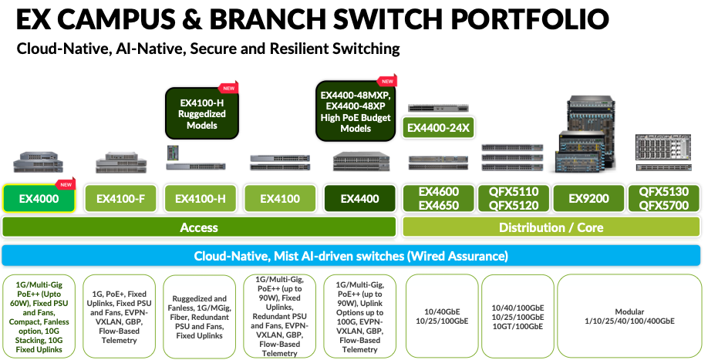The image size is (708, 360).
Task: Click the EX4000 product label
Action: click(x=39, y=198)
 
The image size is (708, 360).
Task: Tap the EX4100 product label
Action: click(x=278, y=198)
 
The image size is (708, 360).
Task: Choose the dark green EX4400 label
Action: click(x=359, y=198)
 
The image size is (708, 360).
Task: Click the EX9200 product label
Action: click(x=588, y=198)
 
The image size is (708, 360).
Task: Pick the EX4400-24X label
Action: click(x=437, y=127)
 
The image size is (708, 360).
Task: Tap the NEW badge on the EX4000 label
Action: click(x=66, y=184)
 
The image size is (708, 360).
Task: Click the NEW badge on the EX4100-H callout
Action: click(x=228, y=88)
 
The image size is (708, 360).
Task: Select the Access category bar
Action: click(x=199, y=227)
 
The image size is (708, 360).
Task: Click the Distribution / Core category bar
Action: click(x=551, y=227)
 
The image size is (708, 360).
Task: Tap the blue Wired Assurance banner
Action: click(x=351, y=255)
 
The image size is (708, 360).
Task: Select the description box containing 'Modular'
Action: click(x=629, y=315)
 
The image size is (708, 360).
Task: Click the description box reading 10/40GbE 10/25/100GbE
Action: click(x=438, y=315)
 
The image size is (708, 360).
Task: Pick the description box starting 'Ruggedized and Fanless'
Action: click(x=199, y=315)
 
